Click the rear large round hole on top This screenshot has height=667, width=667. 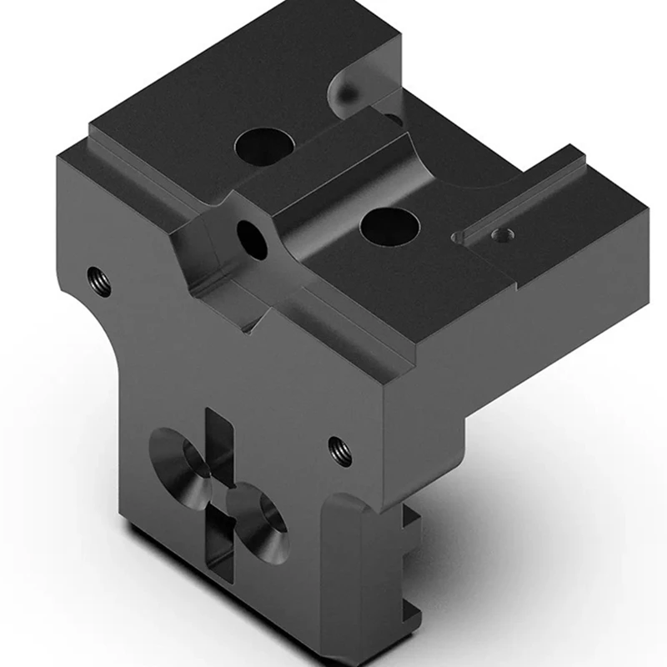pyautogui.click(x=262, y=145)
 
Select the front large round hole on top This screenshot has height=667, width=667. pyautogui.click(x=389, y=226)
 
